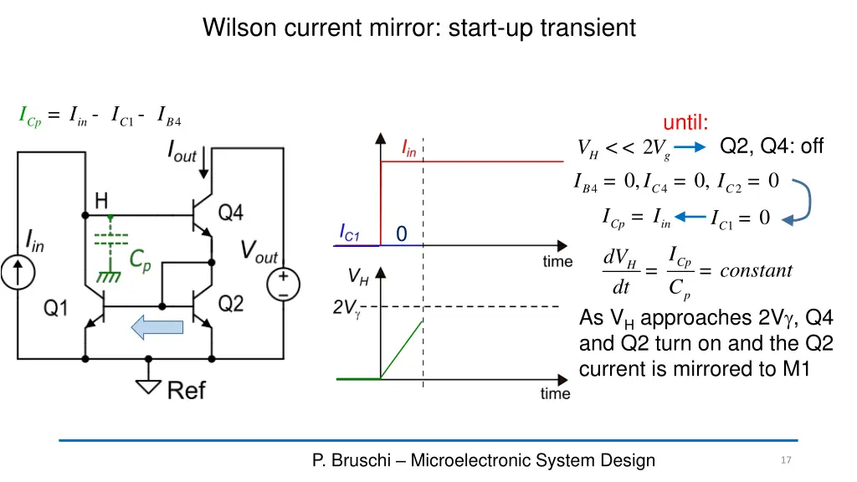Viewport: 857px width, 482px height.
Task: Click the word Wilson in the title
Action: click(x=239, y=28)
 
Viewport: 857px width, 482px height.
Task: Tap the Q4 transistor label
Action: click(x=230, y=212)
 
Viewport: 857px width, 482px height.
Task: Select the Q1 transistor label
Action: click(x=56, y=308)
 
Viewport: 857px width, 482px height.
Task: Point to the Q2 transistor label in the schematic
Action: click(x=231, y=303)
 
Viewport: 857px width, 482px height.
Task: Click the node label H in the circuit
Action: click(x=101, y=201)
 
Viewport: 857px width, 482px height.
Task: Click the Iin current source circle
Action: click(x=18, y=273)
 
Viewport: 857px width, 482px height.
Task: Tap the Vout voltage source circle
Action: click(x=283, y=285)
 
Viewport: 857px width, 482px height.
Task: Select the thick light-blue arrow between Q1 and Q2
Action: click(x=157, y=327)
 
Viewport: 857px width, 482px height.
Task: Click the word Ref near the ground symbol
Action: click(x=187, y=390)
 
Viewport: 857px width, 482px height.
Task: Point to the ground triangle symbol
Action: click(x=148, y=387)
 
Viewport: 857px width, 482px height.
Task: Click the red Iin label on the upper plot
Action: click(x=409, y=148)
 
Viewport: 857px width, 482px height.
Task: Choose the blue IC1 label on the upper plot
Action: click(x=349, y=233)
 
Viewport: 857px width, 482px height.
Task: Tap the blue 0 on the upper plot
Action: click(x=402, y=234)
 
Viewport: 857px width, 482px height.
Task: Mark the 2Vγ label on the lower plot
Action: click(x=346, y=308)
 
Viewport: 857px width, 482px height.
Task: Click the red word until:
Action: click(x=685, y=122)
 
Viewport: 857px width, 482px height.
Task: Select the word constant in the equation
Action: click(x=756, y=270)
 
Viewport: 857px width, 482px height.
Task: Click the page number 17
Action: click(x=786, y=460)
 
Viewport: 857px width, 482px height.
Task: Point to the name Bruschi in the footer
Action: click(x=361, y=460)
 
